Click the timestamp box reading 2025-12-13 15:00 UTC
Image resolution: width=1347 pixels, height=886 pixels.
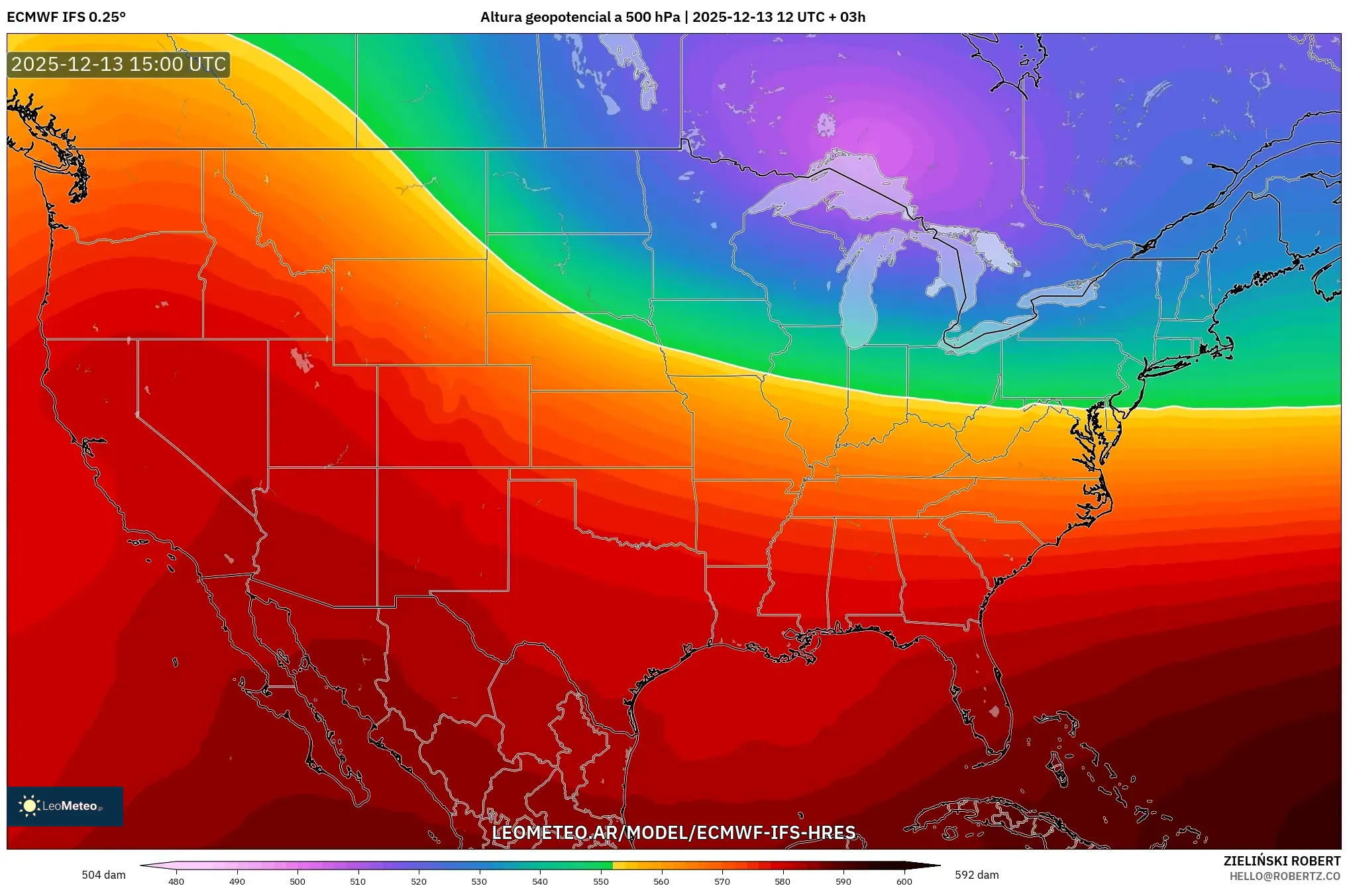119,64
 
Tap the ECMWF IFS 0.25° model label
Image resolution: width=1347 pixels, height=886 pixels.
66,17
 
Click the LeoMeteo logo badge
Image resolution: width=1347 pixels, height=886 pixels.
65,806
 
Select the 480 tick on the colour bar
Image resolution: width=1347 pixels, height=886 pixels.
176,881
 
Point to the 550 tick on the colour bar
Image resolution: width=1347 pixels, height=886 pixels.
601,881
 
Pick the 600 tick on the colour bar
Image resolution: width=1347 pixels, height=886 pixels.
904,881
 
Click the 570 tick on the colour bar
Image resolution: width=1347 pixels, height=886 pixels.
722,881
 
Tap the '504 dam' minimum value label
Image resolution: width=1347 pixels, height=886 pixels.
103,875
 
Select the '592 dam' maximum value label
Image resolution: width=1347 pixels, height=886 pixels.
977,875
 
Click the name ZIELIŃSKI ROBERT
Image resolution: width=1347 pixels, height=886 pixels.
1282,861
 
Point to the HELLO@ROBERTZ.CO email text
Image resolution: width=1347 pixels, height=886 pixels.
1285,876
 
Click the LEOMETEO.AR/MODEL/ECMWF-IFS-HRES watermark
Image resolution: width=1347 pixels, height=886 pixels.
673,832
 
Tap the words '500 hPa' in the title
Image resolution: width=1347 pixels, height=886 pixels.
653,17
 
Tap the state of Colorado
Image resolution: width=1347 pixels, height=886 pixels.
454,416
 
